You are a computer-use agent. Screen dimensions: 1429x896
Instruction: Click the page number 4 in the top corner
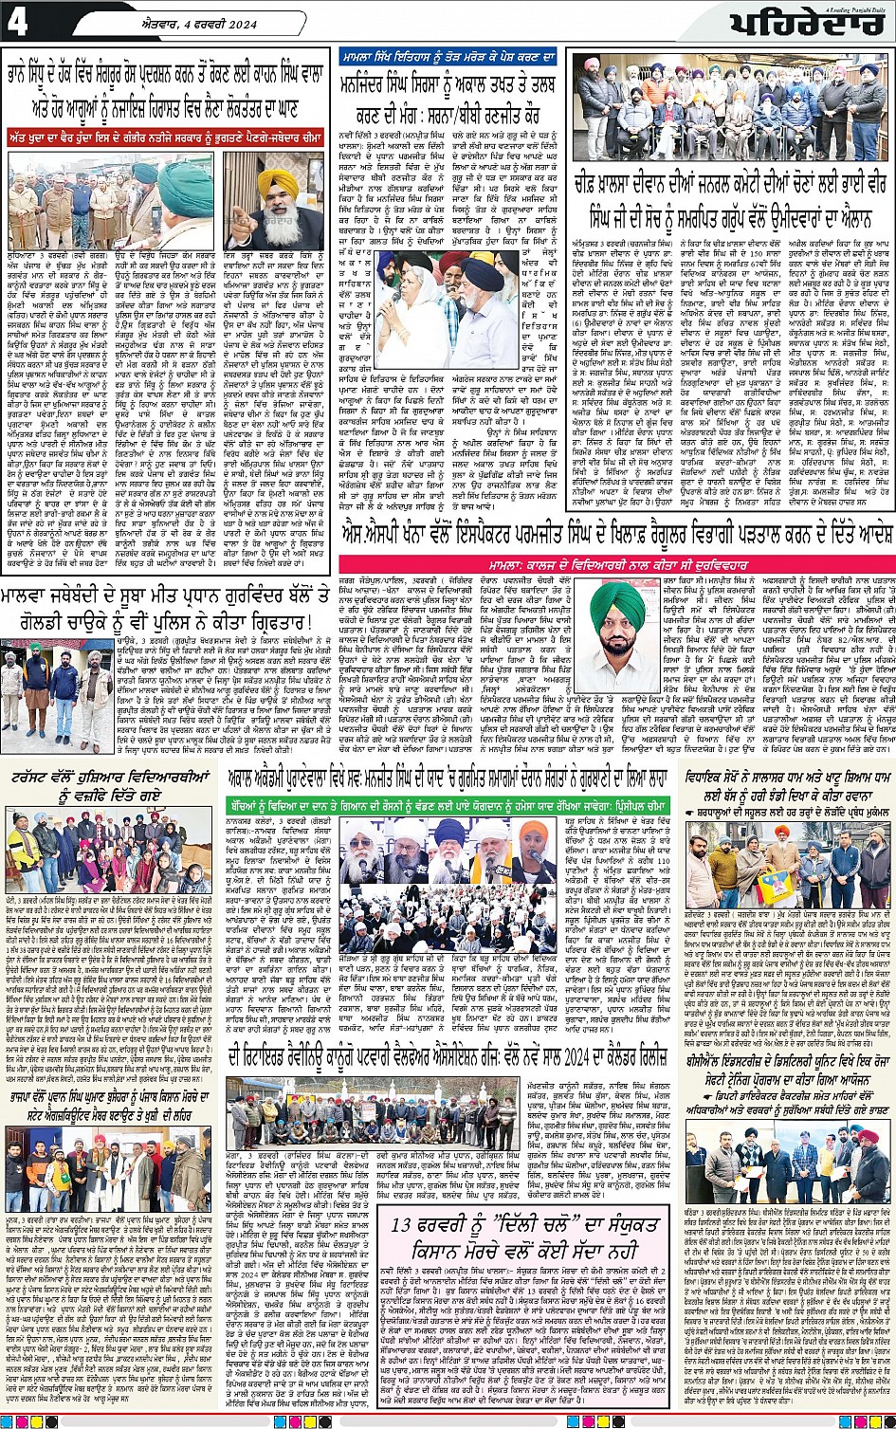point(19,22)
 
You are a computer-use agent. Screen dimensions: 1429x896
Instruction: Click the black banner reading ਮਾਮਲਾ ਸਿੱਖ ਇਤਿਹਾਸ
point(449,60)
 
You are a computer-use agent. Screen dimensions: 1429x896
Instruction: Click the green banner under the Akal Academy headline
point(446,805)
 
